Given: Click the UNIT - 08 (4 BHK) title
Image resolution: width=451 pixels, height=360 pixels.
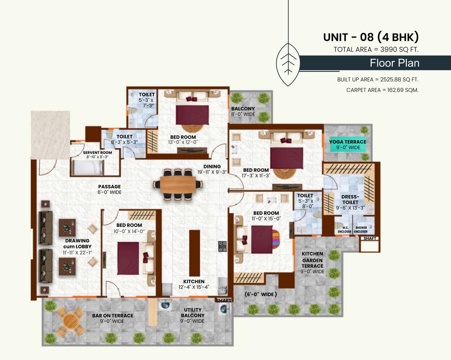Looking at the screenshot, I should (371, 37).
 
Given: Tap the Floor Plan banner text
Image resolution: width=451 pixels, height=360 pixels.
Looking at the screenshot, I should (394, 63).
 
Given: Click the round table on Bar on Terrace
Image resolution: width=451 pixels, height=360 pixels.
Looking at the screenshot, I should (71, 320).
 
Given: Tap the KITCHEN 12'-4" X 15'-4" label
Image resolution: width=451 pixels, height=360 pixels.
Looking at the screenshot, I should (192, 284).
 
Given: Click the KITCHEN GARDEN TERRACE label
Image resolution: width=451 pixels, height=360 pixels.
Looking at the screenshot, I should (312, 263).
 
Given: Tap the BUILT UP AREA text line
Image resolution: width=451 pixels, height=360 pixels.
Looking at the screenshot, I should (380, 79).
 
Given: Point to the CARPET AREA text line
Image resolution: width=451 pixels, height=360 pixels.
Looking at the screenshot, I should (382, 90).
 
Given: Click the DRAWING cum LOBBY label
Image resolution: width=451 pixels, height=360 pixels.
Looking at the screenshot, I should (78, 247).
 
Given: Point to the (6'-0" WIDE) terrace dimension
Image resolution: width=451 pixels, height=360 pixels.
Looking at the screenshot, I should (260, 295).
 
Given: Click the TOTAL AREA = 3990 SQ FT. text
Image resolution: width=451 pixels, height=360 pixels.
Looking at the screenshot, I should (376, 50).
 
